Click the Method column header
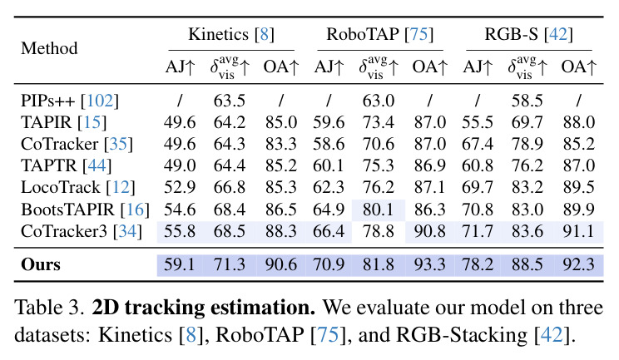[49, 48]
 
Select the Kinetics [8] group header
[231, 34]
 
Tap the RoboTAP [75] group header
[379, 34]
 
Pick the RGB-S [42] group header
[528, 34]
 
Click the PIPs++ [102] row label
[70, 101]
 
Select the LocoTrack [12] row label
[77, 187]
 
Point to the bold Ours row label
[41, 264]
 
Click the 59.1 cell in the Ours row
[180, 264]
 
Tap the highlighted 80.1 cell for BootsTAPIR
[379, 210]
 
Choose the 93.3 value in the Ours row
[429, 264]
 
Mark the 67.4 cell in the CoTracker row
[478, 145]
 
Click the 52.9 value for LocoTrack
[180, 187]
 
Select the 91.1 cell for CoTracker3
[578, 231]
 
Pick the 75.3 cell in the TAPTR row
[379, 165]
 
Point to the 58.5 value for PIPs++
[527, 101]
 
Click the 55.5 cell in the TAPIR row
[478, 122]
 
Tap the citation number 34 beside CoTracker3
[127, 231]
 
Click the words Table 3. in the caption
[50, 308]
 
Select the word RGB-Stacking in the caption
[462, 336]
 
